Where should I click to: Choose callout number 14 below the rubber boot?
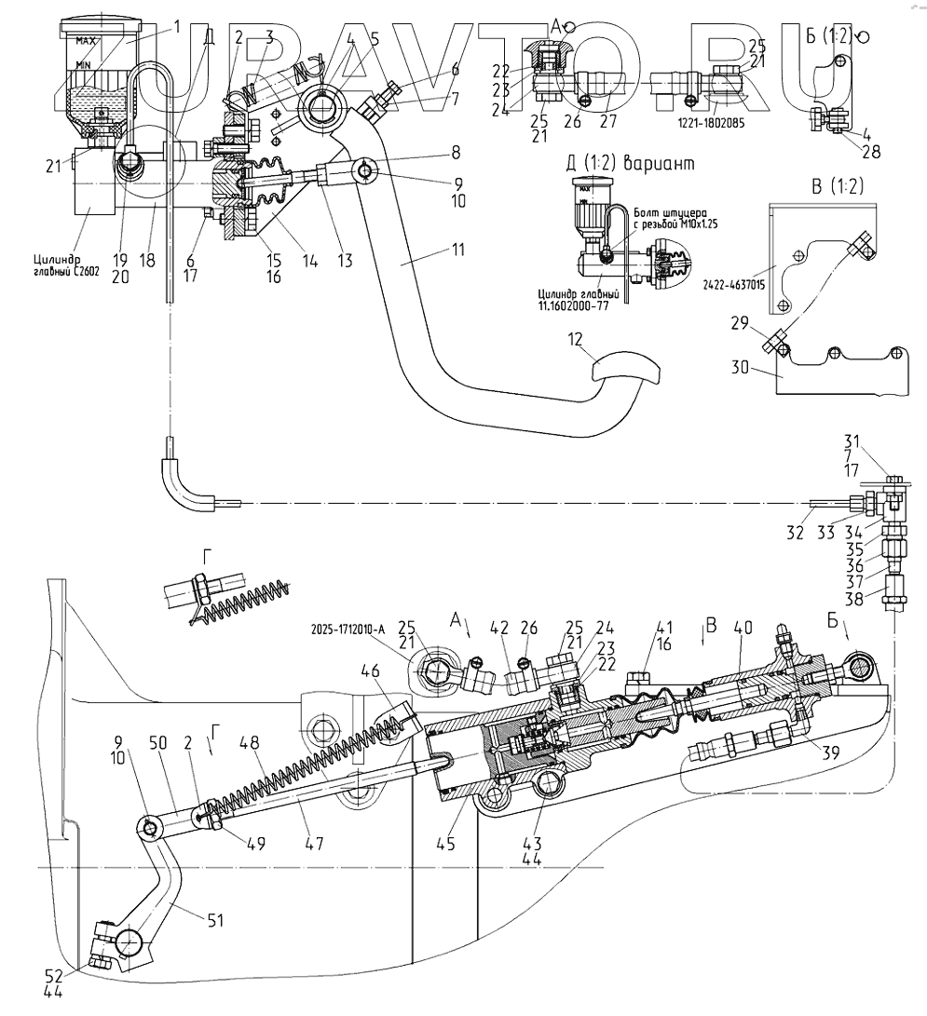(311, 262)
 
